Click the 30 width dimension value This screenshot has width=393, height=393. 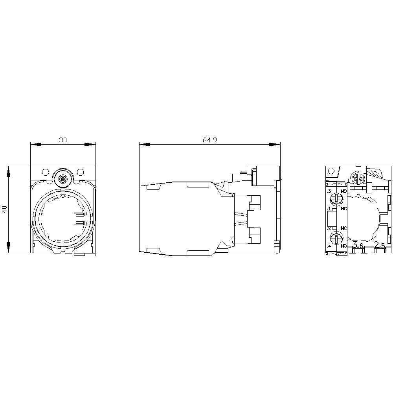(63, 140)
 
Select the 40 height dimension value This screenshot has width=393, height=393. (4, 209)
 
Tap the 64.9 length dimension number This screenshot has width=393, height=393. (210, 140)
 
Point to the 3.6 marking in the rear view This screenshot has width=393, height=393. (358, 245)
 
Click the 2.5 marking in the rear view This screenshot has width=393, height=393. (380, 245)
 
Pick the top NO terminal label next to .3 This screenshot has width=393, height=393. (344, 191)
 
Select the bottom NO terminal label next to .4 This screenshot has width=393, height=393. (344, 246)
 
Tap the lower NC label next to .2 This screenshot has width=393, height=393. (344, 228)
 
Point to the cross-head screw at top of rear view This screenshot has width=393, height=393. (358, 179)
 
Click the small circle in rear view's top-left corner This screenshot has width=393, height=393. (331, 171)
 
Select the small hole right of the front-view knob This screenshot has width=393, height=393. (80, 172)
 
